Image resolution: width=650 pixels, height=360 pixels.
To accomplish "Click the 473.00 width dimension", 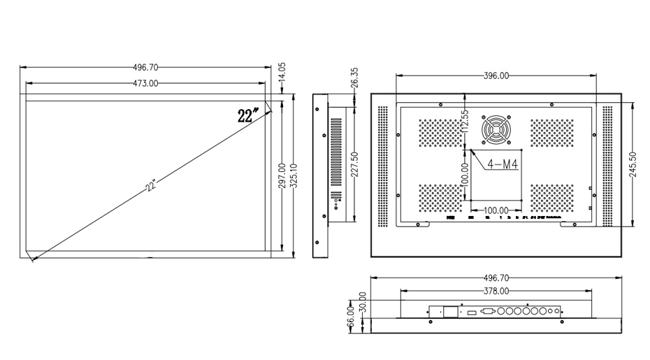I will (145, 83).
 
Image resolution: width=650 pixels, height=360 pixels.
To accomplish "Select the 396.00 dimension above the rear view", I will (496, 76).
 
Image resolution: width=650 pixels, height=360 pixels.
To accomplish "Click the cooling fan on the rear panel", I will (496, 129).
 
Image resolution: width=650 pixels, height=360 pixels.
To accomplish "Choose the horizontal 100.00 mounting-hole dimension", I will (496, 210).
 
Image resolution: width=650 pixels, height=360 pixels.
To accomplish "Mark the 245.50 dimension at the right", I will (633, 165).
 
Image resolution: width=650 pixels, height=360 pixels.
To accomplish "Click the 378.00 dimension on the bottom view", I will (496, 290).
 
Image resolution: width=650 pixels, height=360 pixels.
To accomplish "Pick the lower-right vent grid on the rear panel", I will (551, 199).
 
